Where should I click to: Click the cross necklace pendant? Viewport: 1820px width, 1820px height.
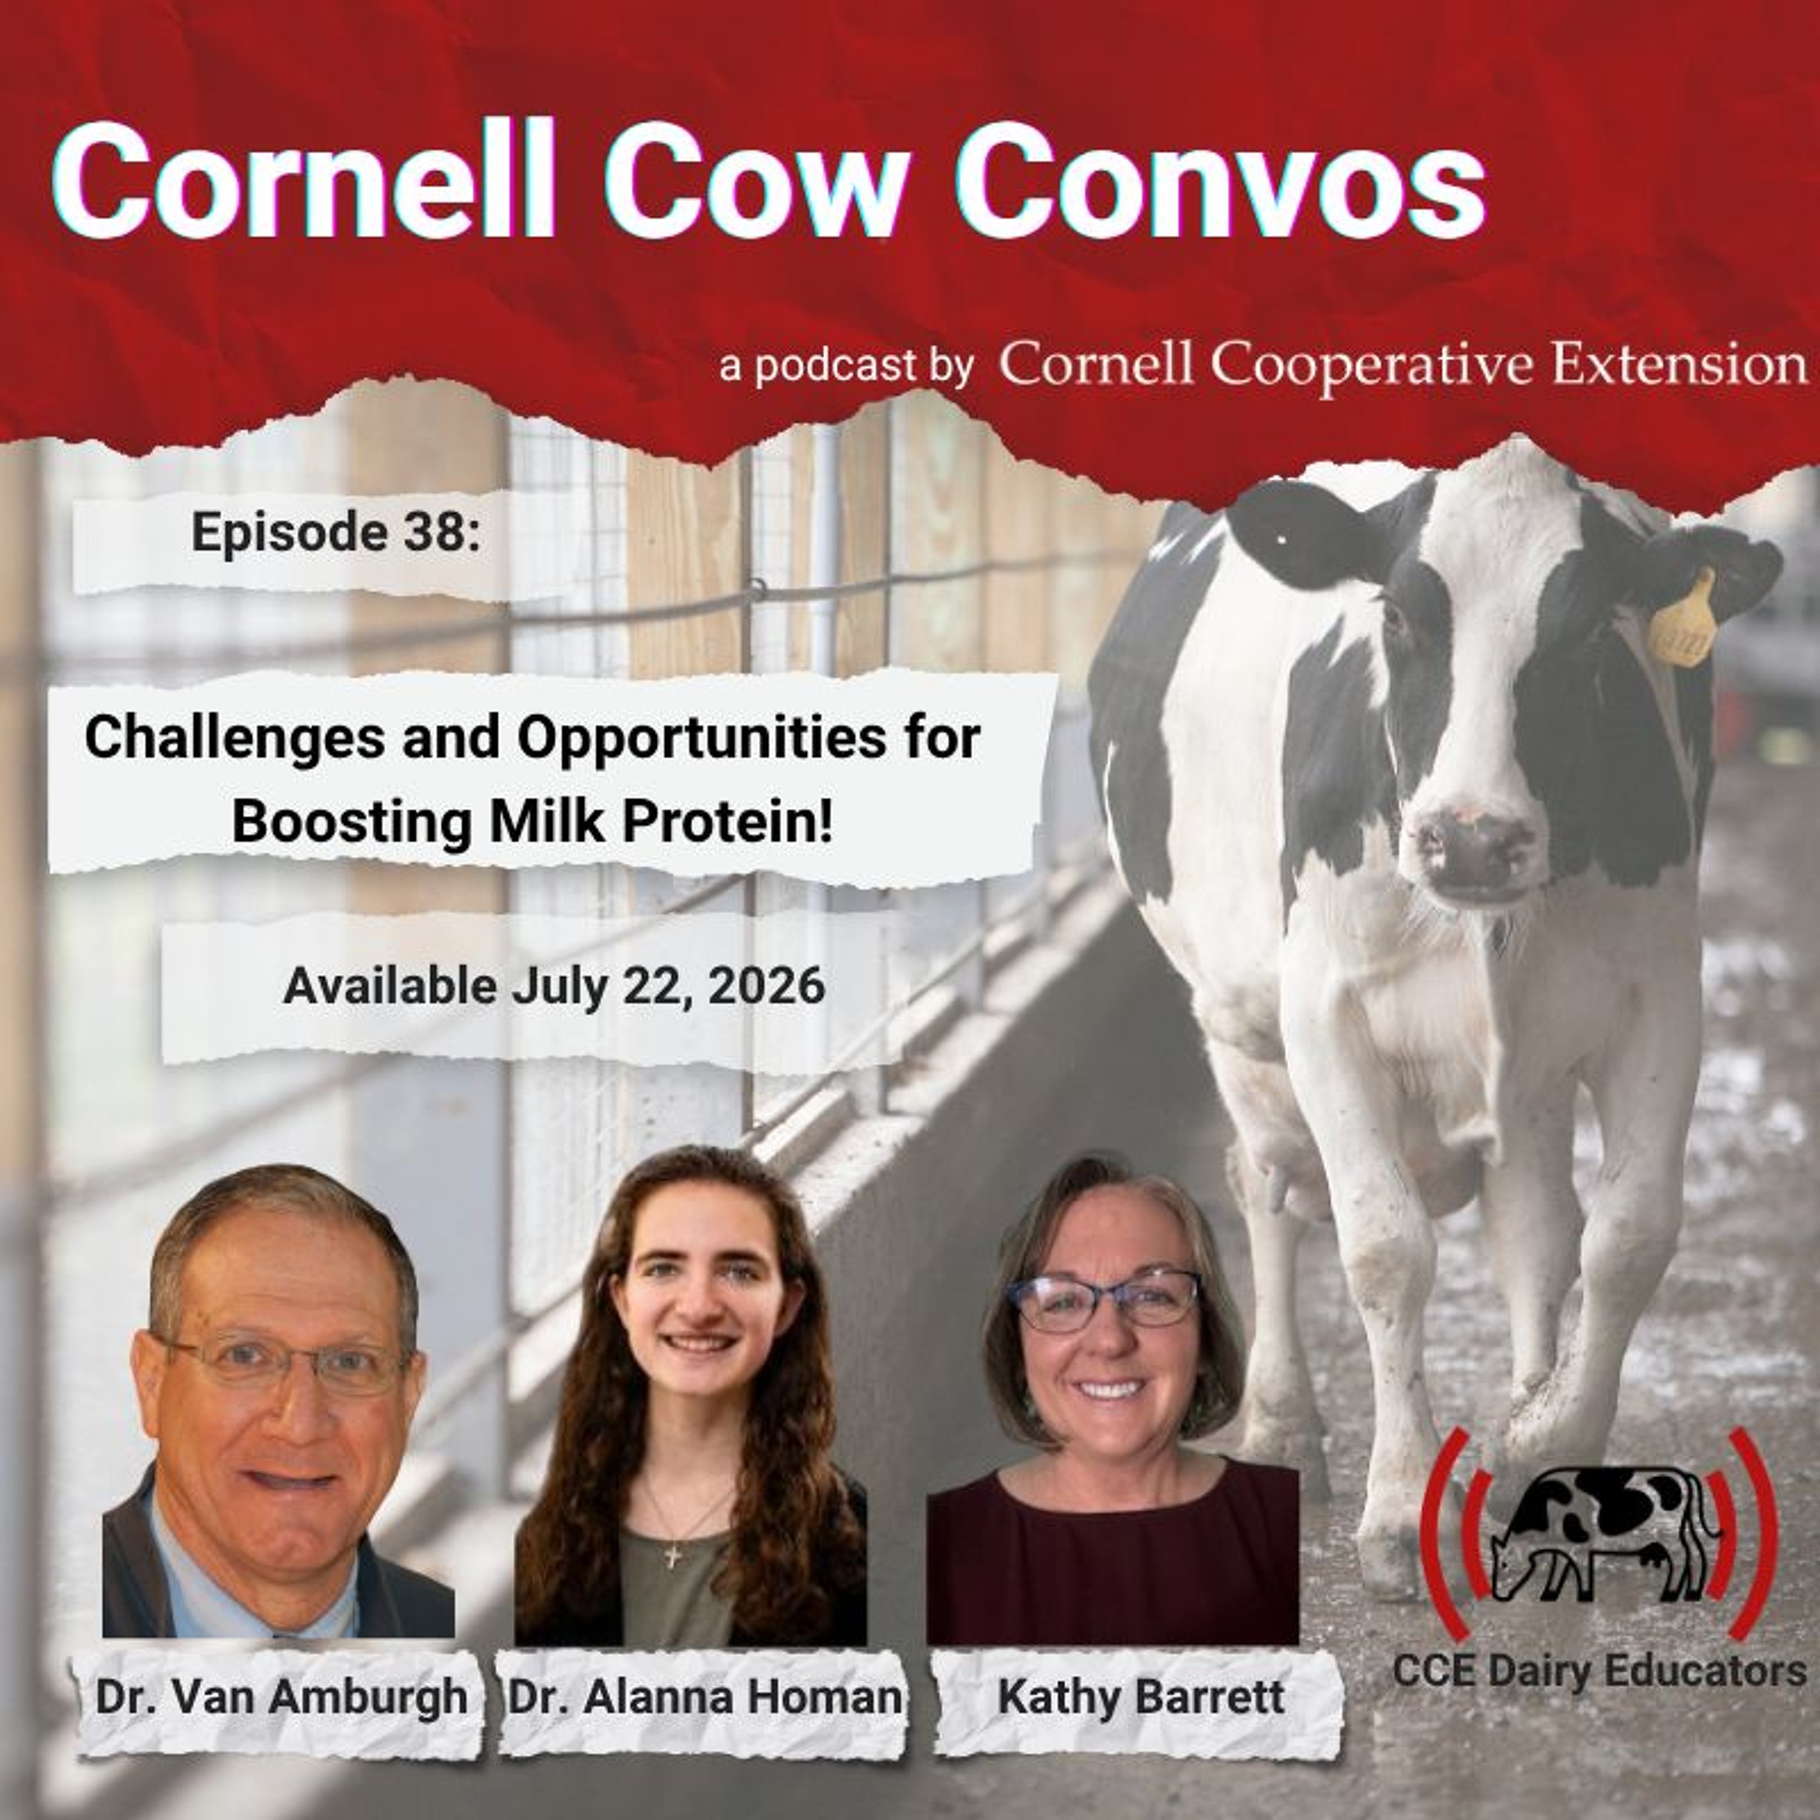pyautogui.click(x=672, y=1555)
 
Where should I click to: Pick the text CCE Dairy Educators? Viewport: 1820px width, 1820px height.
pyautogui.click(x=1599, y=1671)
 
